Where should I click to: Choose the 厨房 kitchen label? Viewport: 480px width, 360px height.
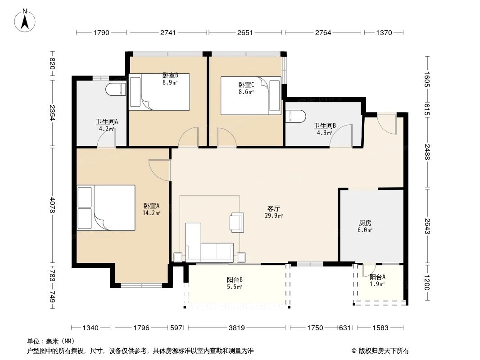tap(365, 223)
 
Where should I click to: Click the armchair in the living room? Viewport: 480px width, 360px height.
tap(237, 222)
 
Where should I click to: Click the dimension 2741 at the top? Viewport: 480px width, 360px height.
tap(168, 32)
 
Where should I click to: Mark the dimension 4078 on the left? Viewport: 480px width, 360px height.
tap(53, 205)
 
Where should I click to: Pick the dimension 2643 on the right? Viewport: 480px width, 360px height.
tap(427, 225)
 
